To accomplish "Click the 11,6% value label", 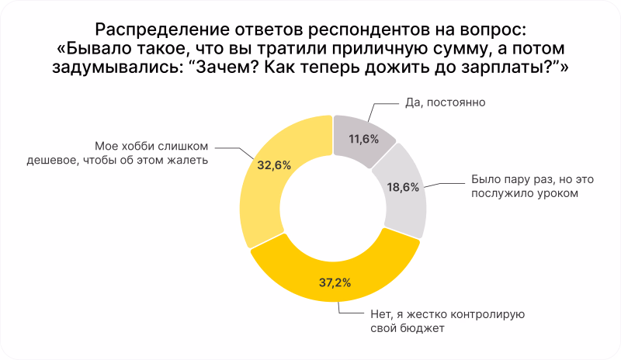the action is [363, 139].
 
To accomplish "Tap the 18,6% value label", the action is [403, 187].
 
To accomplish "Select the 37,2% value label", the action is [335, 282].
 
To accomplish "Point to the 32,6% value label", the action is [274, 165].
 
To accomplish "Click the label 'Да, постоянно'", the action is [445, 102].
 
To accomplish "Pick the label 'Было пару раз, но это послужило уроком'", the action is [533, 186].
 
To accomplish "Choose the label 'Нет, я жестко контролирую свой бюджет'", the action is [448, 321].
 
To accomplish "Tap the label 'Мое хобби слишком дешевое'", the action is [118, 154].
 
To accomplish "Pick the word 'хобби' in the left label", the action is [135, 146].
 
